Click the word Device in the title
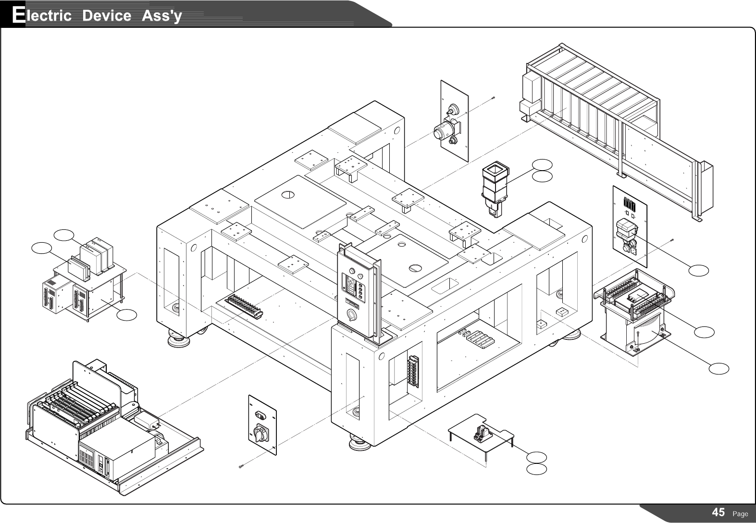pyautogui.click(x=106, y=15)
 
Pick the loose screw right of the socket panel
pyautogui.click(x=672, y=239)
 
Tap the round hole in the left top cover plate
pyautogui.click(x=288, y=195)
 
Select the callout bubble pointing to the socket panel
pyautogui.click(x=698, y=271)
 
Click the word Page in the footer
pyautogui.click(x=740, y=513)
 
